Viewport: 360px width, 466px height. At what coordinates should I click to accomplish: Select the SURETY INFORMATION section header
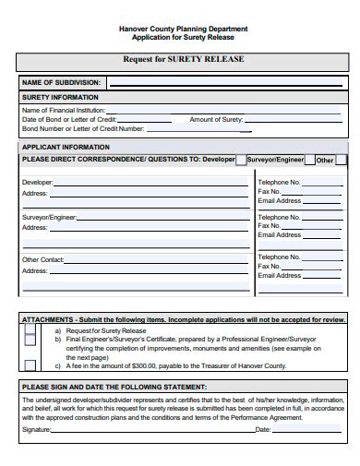pyautogui.click(x=58, y=98)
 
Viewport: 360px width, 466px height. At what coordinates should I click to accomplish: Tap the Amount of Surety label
pyautogui.click(x=216, y=120)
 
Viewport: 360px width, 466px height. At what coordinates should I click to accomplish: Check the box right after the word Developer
pyautogui.click(x=241, y=160)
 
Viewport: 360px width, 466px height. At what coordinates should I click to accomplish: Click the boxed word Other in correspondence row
pyautogui.click(x=325, y=160)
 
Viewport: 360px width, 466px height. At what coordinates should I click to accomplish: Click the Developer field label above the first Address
pyautogui.click(x=37, y=183)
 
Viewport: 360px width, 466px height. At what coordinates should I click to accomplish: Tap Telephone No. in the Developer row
pyautogui.click(x=280, y=183)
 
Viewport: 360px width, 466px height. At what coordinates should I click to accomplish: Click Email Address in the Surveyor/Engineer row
pyautogui.click(x=280, y=235)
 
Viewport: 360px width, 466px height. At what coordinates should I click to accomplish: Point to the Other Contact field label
pyautogui.click(x=42, y=259)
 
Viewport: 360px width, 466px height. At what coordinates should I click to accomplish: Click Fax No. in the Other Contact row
pyautogui.click(x=270, y=267)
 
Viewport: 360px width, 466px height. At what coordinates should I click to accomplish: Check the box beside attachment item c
pyautogui.click(x=30, y=364)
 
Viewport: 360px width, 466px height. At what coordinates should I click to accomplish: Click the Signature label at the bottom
pyautogui.click(x=36, y=430)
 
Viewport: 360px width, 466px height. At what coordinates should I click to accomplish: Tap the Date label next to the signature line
pyautogui.click(x=262, y=430)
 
